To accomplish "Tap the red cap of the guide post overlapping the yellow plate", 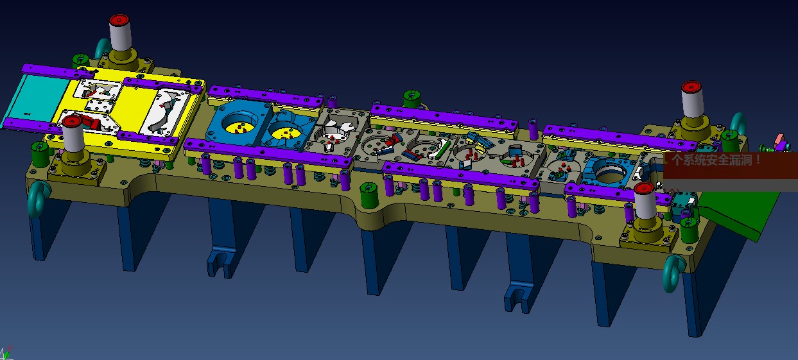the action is click(72, 121).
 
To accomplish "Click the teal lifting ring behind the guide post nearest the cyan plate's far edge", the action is click(102, 49).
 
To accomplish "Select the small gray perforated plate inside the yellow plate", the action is click(100, 106).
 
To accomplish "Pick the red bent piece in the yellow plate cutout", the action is click(91, 121).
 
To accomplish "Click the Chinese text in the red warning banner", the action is click(716, 160).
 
